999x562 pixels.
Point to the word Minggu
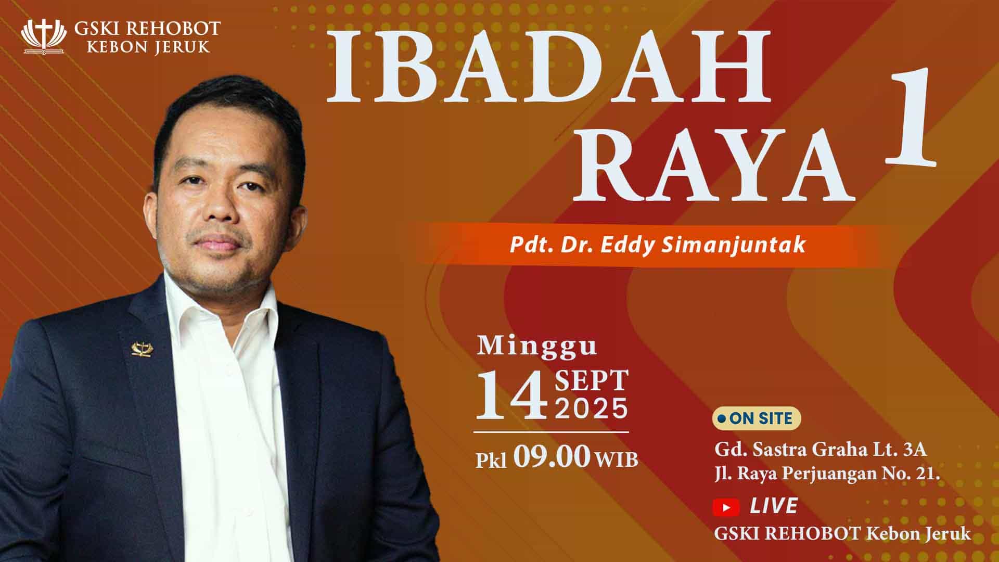[537, 346]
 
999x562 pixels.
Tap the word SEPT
[592, 381]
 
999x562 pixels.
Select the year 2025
[592, 408]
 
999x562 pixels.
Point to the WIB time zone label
[617, 459]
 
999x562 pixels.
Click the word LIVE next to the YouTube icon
[774, 506]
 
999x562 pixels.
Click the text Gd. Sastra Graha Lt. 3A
[821, 449]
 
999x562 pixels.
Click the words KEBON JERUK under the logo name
[148, 46]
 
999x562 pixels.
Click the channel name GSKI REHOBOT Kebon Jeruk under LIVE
[842, 533]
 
